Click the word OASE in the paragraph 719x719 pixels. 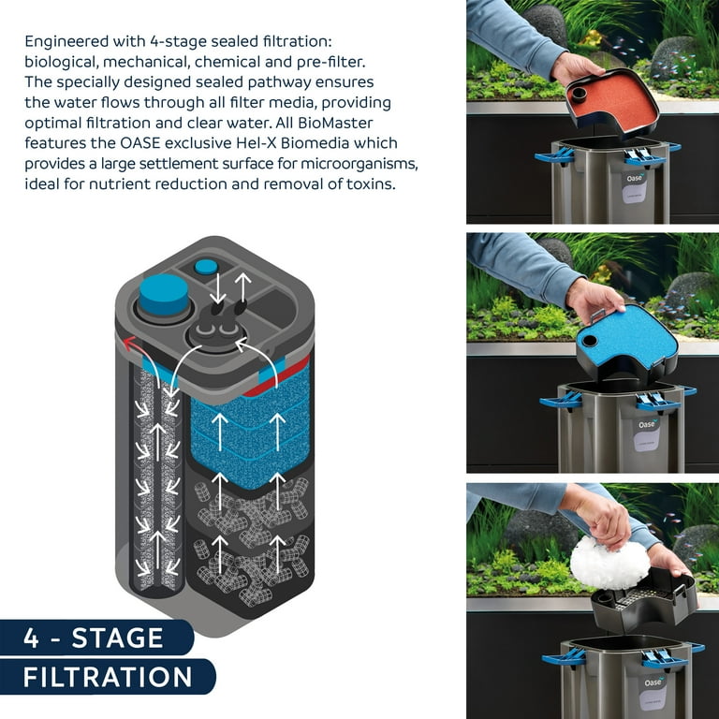139,143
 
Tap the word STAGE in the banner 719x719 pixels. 117,638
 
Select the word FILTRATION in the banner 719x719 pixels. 108,677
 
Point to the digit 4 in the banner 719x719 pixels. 31,638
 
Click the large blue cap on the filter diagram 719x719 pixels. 164,294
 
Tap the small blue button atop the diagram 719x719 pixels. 206,267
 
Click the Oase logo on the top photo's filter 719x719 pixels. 635,178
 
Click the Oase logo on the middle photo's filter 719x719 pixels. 647,424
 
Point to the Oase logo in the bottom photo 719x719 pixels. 653,682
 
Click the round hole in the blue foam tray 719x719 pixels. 589,341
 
